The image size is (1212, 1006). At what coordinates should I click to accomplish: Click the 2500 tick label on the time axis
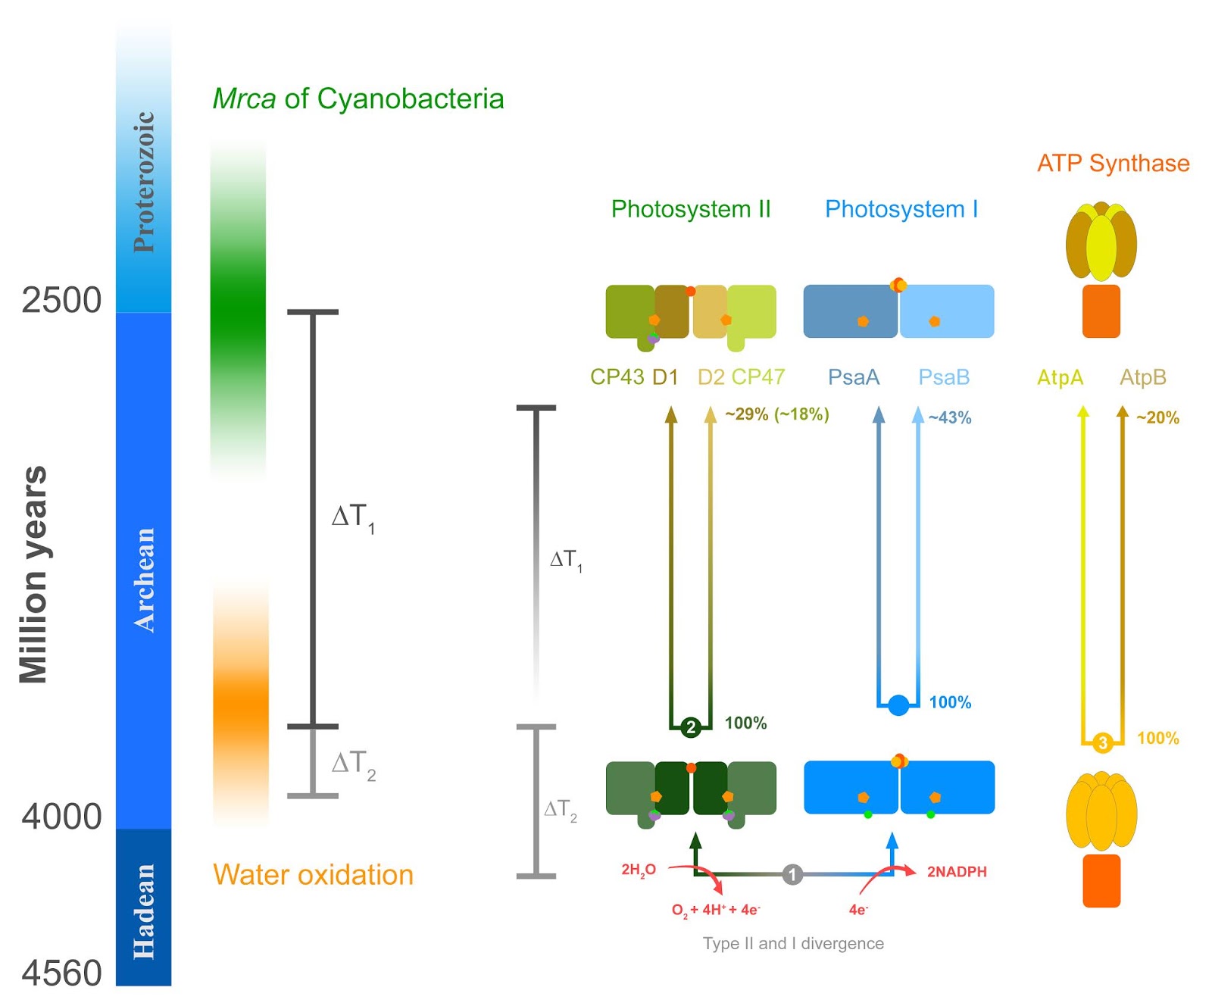[x=61, y=301]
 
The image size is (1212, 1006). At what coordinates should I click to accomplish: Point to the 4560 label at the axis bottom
[x=61, y=973]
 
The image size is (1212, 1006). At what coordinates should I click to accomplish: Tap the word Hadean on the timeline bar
[x=144, y=911]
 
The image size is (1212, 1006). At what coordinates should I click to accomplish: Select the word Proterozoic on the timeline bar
[x=144, y=182]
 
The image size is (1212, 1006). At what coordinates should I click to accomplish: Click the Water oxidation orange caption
[x=313, y=875]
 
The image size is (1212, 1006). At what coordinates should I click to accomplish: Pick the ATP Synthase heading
[x=1113, y=163]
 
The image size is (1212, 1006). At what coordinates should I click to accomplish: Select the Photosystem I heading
[x=901, y=209]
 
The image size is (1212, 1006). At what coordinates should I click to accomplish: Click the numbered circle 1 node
[x=792, y=874]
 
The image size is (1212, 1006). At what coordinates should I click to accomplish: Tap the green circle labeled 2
[x=690, y=727]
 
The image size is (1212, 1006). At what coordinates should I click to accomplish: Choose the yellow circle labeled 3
[x=1102, y=742]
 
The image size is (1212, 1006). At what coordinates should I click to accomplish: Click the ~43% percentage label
[x=950, y=417]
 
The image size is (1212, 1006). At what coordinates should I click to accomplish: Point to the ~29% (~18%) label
[x=776, y=414]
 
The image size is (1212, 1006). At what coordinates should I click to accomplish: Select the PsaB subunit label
[x=944, y=377]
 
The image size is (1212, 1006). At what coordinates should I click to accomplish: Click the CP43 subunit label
[x=617, y=377]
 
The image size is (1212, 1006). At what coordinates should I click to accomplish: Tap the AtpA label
[x=1060, y=377]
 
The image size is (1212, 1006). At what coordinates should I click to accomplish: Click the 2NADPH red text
[x=957, y=872]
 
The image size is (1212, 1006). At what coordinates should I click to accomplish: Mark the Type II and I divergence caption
[x=793, y=944]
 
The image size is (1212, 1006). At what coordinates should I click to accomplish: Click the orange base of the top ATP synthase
[x=1101, y=311]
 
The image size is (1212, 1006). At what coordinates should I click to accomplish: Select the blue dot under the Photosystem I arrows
[x=898, y=705]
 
